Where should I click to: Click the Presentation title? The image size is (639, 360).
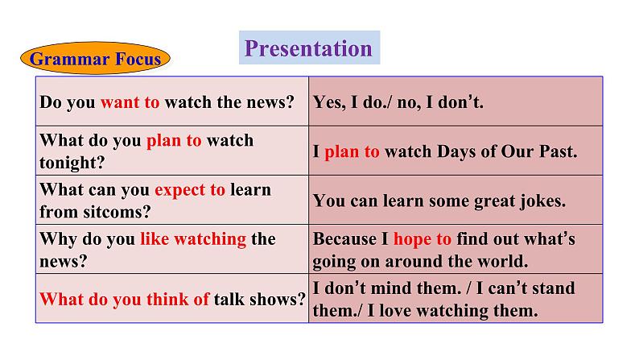click(x=308, y=48)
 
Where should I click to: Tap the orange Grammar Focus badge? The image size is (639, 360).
click(x=95, y=58)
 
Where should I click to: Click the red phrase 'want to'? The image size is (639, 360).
click(x=130, y=102)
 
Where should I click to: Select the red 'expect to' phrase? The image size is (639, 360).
click(x=190, y=190)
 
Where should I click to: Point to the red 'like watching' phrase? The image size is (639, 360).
click(x=193, y=239)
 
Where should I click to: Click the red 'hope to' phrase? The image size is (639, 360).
click(x=423, y=239)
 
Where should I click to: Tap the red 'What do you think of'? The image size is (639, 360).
click(x=125, y=299)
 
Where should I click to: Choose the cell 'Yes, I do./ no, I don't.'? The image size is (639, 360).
click(x=398, y=102)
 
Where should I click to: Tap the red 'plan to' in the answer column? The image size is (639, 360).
click(x=352, y=151)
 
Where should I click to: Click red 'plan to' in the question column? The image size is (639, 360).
click(x=174, y=140)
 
